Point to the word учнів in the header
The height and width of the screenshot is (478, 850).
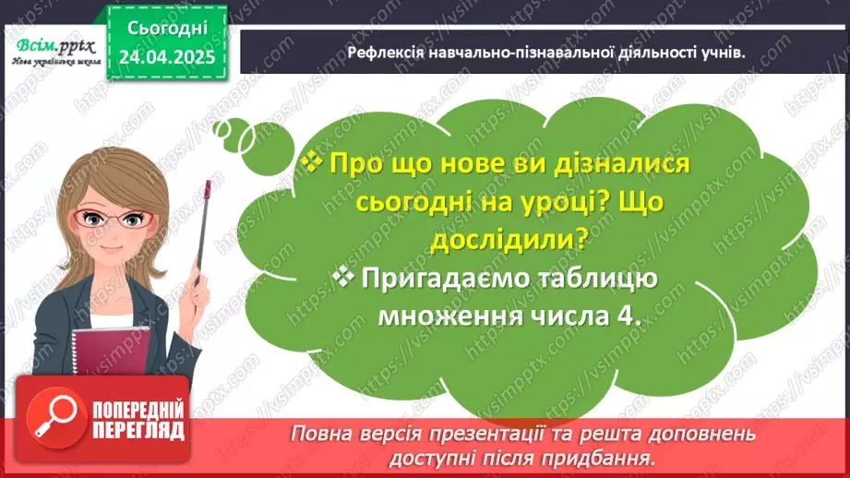[x=721, y=54]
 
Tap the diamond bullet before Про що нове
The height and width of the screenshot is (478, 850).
[x=312, y=163]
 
